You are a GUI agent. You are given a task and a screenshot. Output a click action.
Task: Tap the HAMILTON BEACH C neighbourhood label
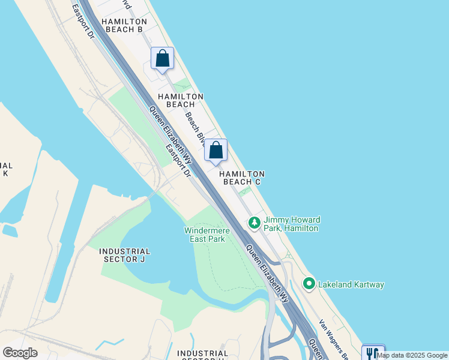click(243, 178)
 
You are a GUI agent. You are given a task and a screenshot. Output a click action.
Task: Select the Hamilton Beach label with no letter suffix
click(181, 100)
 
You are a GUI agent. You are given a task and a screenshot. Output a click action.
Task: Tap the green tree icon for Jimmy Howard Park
click(255, 223)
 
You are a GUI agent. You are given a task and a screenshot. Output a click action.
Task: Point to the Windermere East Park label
click(204, 235)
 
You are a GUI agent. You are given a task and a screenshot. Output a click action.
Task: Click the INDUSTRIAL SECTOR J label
click(124, 255)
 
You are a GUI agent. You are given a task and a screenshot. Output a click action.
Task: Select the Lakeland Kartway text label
click(351, 284)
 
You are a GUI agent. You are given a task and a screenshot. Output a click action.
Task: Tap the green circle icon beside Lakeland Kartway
click(309, 283)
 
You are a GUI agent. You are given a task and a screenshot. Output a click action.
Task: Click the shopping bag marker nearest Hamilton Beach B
click(162, 58)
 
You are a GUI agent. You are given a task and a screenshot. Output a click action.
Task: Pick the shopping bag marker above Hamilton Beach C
click(216, 150)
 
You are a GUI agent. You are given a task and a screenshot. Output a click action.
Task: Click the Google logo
click(20, 352)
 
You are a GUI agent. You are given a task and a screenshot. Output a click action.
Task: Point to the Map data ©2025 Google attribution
click(412, 355)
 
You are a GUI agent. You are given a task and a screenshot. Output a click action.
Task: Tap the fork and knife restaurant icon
click(373, 353)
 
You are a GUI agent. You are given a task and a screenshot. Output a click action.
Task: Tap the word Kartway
click(368, 284)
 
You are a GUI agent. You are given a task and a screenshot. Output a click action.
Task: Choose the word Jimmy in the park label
click(276, 220)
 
